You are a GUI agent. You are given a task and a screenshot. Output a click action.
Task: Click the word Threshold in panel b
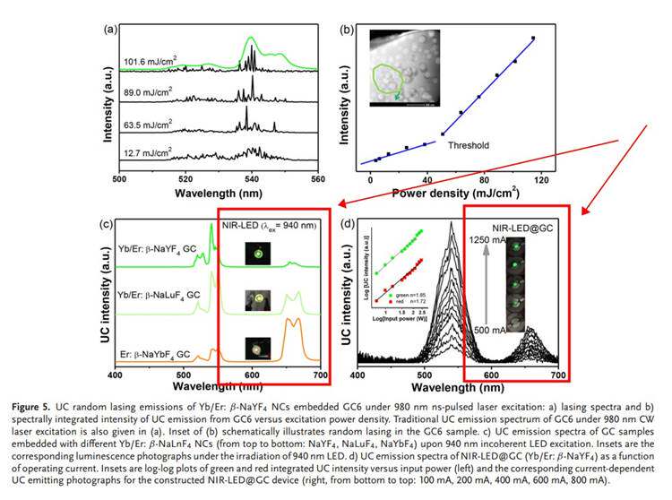468,144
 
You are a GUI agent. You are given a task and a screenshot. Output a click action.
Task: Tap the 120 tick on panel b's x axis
540,178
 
